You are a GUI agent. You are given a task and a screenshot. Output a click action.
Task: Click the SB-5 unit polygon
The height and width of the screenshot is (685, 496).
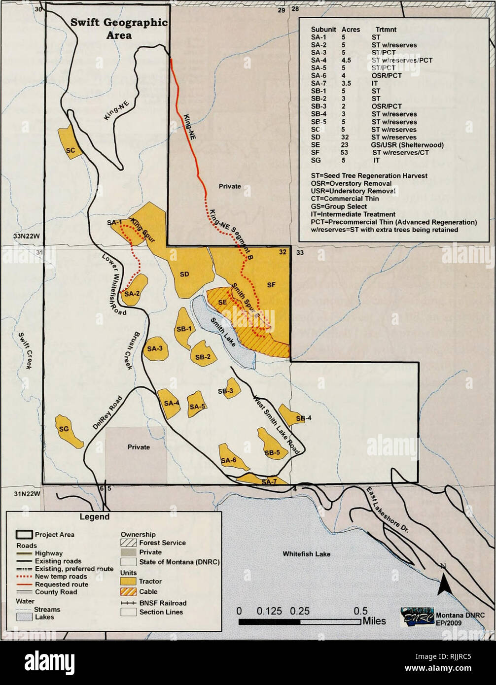click(272, 446)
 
